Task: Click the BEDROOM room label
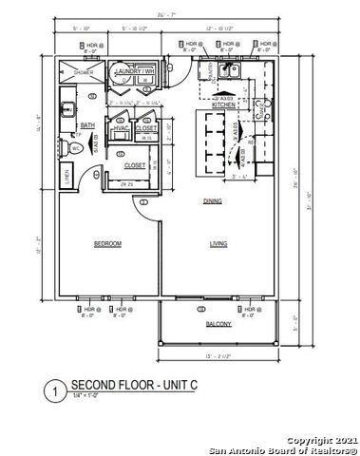pos(107,244)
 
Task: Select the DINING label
pos(213,201)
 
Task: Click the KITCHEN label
pos(223,104)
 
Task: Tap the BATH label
pos(87,124)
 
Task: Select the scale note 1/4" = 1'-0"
pos(88,396)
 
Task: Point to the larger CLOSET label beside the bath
pos(135,164)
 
